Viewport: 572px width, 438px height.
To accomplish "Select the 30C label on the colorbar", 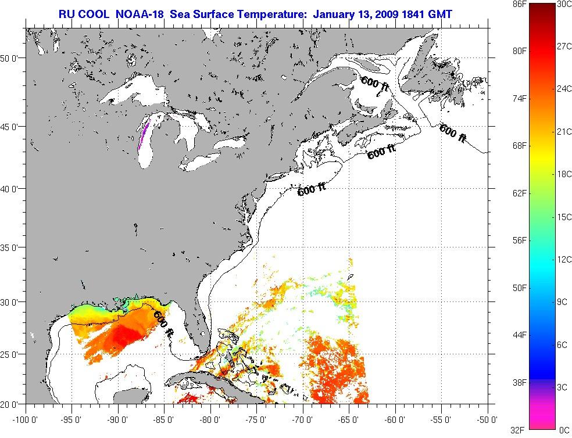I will pos(563,4).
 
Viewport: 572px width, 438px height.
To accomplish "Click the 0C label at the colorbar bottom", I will pos(563,430).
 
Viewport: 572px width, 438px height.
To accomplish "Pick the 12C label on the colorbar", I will pos(563,259).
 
